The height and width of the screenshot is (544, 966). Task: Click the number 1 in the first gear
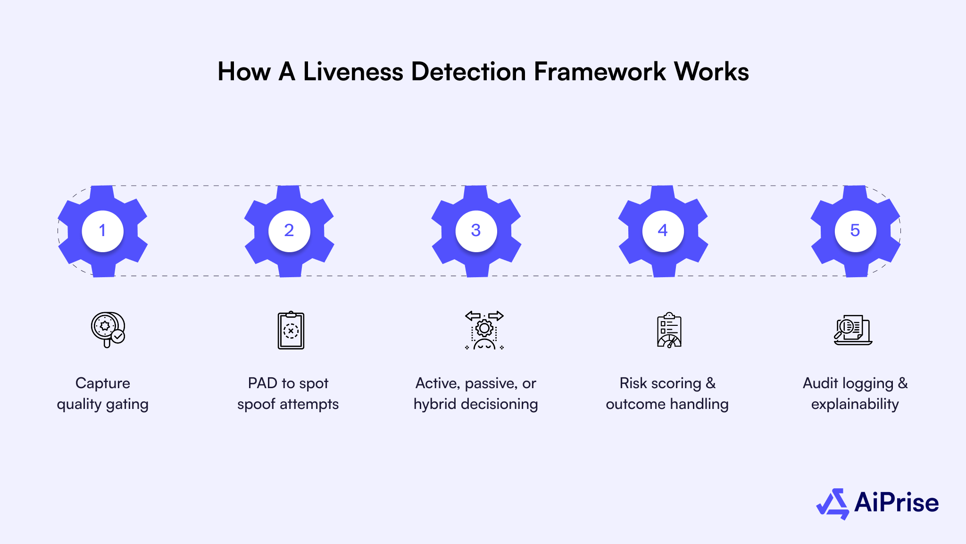click(x=102, y=230)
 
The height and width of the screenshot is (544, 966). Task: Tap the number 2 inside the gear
click(x=289, y=230)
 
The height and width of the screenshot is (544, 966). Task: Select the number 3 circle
click(x=476, y=230)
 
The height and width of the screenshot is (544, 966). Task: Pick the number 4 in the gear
click(x=663, y=230)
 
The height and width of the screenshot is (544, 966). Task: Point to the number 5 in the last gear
click(x=855, y=230)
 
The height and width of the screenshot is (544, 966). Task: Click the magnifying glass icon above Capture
click(x=108, y=330)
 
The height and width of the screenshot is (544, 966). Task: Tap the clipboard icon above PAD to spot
click(x=291, y=331)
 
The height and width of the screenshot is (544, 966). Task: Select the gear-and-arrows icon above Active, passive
click(x=484, y=330)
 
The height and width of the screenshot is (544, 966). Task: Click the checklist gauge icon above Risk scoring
click(x=669, y=330)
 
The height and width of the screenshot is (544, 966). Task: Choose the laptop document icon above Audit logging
click(x=853, y=330)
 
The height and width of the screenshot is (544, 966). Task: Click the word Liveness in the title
click(x=353, y=72)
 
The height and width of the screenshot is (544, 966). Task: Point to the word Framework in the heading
click(x=600, y=72)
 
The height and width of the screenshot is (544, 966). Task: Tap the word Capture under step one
click(x=102, y=383)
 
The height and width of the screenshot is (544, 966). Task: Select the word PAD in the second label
click(x=262, y=383)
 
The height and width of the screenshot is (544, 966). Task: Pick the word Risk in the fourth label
click(x=633, y=383)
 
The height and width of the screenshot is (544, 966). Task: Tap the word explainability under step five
click(x=855, y=404)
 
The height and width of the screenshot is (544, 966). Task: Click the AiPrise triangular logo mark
click(x=833, y=503)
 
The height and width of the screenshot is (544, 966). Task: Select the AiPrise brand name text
click(x=896, y=502)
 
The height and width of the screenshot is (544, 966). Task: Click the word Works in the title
click(x=711, y=72)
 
